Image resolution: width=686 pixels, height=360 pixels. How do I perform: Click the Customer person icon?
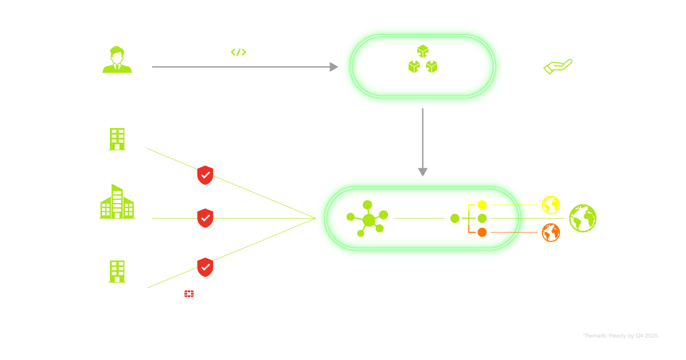[117, 59]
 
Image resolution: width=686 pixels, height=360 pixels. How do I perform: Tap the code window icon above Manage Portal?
[238, 51]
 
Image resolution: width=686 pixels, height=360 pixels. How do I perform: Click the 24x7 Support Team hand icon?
[558, 60]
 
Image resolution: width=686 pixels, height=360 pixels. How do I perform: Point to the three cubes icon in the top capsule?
[423, 59]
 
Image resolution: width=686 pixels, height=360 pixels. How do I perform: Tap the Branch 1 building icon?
[117, 139]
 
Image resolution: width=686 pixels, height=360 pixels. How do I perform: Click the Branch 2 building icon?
[117, 271]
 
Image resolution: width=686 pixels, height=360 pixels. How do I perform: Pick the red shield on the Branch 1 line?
[205, 175]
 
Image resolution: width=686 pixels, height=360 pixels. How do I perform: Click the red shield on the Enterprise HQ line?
[205, 218]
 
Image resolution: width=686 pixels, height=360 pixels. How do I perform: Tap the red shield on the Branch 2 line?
[205, 266]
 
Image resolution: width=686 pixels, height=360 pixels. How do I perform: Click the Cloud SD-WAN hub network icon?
[368, 219]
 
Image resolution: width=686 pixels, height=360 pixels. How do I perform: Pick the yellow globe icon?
[551, 205]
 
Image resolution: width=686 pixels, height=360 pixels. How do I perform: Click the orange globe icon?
[551, 232]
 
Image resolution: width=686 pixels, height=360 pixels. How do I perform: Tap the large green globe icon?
[583, 218]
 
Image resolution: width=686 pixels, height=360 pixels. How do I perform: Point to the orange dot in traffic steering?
[482, 232]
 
